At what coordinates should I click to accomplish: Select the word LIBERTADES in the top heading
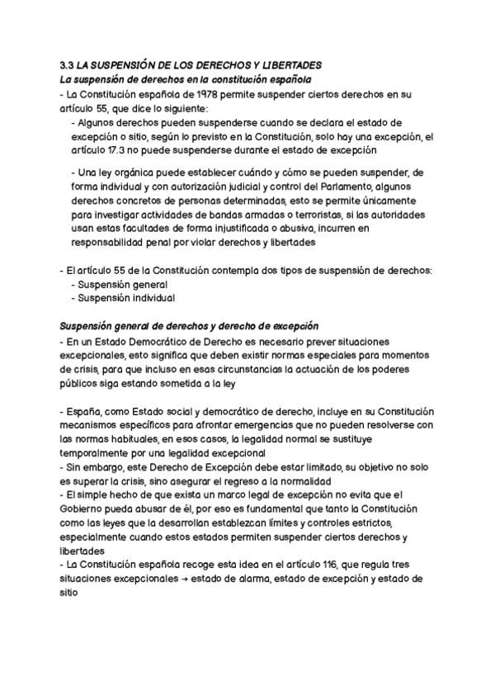tap(292, 64)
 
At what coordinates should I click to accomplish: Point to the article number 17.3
tap(122, 150)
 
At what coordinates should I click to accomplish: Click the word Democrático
tap(156, 341)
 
